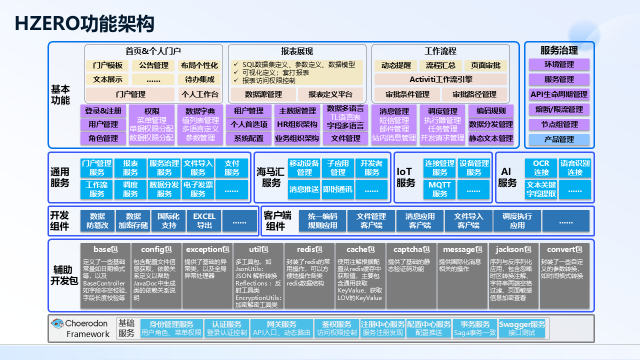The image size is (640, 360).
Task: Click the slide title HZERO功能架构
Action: (84, 23)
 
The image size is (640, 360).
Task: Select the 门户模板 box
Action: (107, 65)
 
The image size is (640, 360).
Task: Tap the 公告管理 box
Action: (153, 65)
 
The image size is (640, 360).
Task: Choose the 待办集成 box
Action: (199, 79)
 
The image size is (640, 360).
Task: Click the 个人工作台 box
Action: (199, 94)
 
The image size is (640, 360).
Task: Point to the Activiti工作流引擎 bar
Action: (440, 79)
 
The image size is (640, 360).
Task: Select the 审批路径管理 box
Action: (474, 94)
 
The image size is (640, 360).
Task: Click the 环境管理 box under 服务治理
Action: (559, 64)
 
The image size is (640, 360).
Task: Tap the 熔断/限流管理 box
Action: (559, 109)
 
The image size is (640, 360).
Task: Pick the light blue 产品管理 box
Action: (559, 139)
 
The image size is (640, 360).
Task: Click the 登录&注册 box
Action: (103, 111)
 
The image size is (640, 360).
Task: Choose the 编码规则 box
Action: (490, 111)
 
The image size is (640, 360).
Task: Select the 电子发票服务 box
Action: (198, 189)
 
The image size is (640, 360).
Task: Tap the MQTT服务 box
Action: (440, 189)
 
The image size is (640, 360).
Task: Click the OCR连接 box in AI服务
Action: (541, 167)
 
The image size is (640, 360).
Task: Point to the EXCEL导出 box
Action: (204, 220)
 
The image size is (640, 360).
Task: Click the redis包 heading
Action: (309, 249)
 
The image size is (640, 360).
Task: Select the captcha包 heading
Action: (411, 249)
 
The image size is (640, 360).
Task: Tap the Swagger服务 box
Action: (521, 328)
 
